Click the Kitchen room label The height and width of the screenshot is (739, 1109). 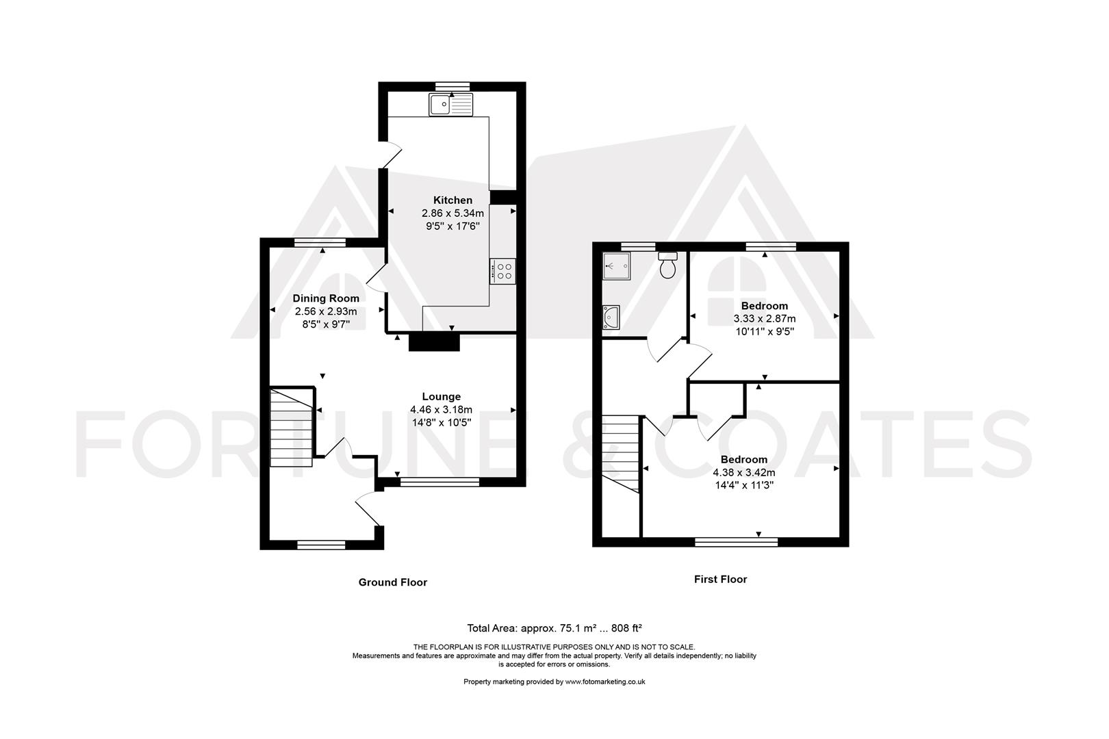[452, 200]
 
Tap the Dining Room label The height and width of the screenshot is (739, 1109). [326, 298]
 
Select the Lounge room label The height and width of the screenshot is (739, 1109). [441, 396]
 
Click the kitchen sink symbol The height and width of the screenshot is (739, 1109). [451, 105]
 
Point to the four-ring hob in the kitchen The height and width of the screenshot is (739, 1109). [502, 271]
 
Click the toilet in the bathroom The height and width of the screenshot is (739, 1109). [668, 265]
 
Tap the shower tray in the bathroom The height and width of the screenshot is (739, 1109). [616, 266]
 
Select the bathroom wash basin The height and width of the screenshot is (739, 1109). [611, 317]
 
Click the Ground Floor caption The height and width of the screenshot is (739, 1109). [393, 582]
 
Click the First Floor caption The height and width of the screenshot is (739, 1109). [720, 579]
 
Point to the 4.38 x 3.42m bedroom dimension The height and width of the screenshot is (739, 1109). [744, 473]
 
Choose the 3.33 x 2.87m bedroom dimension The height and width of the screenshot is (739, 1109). [765, 319]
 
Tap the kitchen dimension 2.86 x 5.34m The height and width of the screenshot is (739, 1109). [452, 213]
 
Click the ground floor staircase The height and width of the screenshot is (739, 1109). [292, 428]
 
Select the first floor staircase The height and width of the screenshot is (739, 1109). [620, 454]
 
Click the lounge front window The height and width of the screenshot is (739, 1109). [439, 482]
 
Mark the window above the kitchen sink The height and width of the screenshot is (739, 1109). [452, 87]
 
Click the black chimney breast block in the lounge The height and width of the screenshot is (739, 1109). [434, 343]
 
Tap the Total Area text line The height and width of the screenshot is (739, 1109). [554, 628]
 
